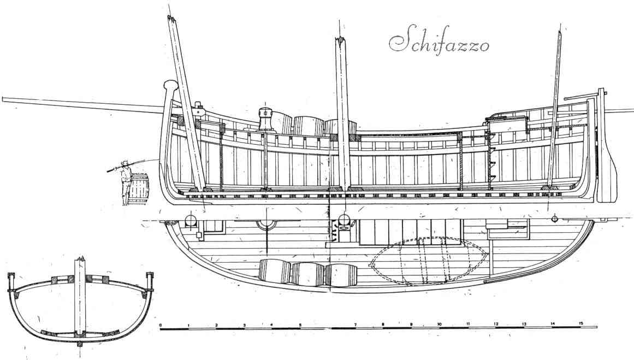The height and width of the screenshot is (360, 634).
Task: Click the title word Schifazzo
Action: (439, 42)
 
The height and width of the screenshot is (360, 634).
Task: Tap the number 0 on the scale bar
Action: (161, 324)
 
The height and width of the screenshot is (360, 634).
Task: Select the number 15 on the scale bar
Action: (580, 323)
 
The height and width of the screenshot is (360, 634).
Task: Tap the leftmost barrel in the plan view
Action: (274, 272)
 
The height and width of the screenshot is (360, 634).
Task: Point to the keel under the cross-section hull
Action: (81, 344)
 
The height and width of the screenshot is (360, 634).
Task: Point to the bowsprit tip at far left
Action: (4, 99)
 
